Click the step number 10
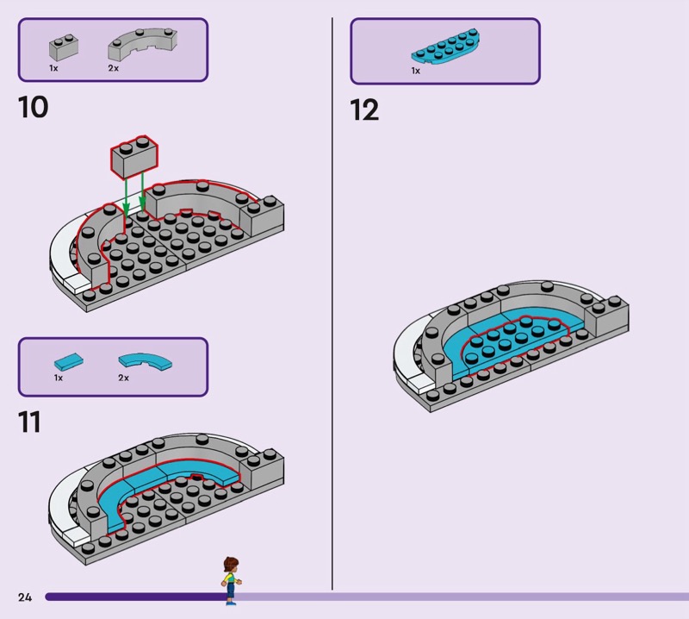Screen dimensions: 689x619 pos(33,108)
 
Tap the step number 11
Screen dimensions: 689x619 pos(30,422)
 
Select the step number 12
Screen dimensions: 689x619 pos(364,110)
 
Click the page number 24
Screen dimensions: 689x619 pos(24,597)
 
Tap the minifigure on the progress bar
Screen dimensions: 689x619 pos(230,579)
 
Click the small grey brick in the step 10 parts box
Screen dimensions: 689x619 pos(60,47)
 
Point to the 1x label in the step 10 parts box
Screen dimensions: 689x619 pos(53,67)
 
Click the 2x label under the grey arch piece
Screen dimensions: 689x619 pos(113,67)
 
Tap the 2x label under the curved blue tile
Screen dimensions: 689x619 pos(123,378)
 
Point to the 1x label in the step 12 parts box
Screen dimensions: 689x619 pos(415,71)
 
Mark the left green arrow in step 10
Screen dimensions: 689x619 pos(125,194)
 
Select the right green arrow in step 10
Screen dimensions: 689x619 pos(142,194)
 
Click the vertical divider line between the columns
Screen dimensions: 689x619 pos(332,302)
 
